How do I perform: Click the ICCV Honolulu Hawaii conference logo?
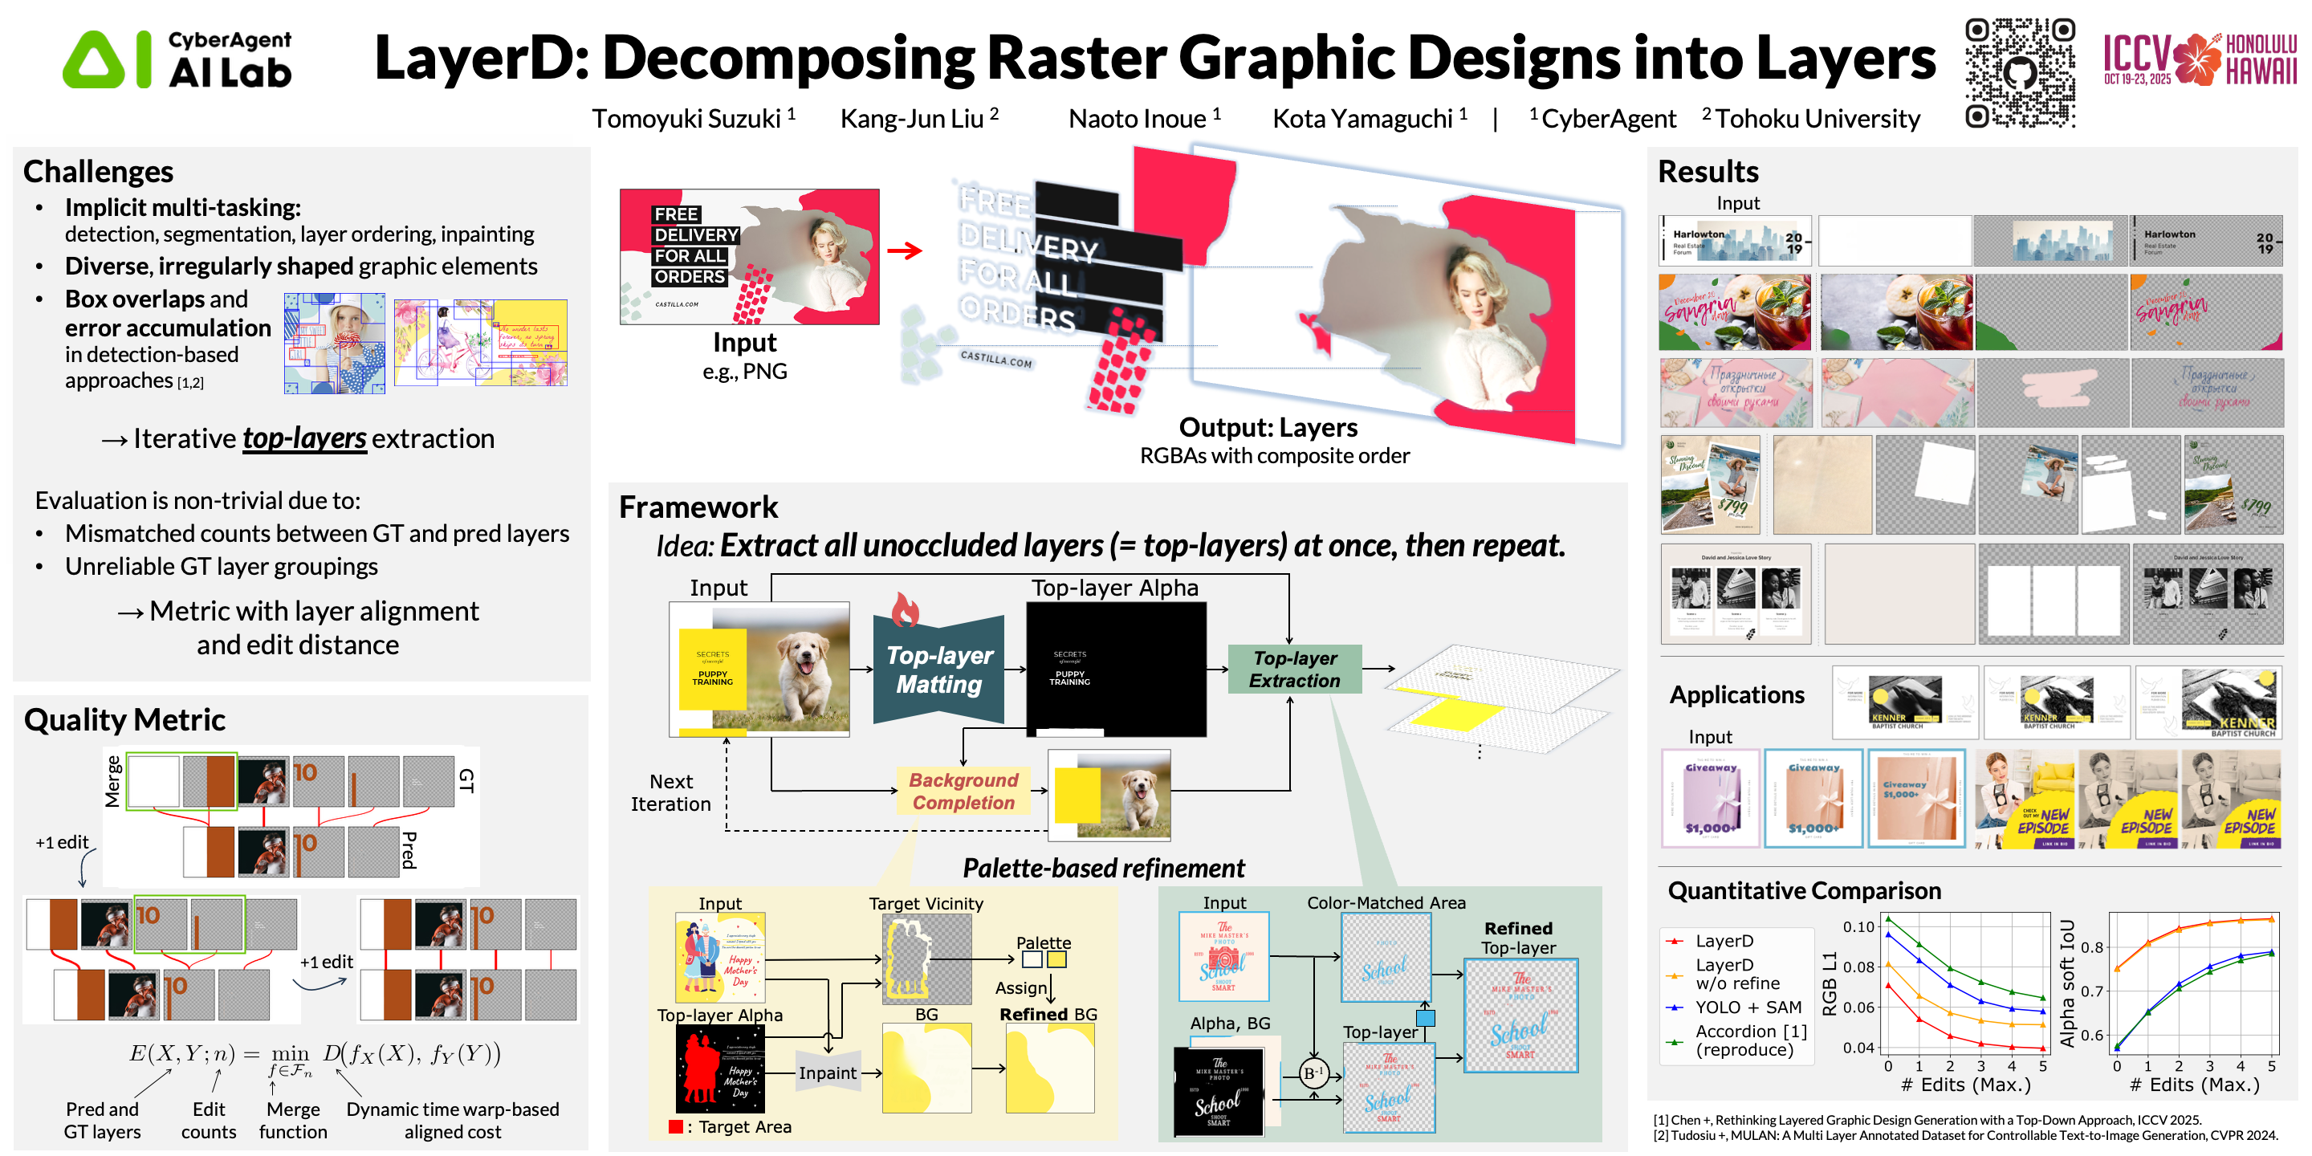pos(2199,59)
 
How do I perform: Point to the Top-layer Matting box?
pos(938,670)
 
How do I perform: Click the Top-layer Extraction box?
pos(1294,670)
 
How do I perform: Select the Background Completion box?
pos(963,791)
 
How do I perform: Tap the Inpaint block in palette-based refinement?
pos(828,1073)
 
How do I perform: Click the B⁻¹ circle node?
pos(1313,1073)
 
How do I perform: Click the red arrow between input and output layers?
pos(905,250)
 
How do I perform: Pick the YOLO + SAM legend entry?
pos(1748,1007)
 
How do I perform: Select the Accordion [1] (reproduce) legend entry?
pos(1750,1040)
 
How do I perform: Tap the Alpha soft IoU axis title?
pos(2068,983)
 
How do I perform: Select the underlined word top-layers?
pos(304,439)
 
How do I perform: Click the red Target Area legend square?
pos(675,1127)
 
